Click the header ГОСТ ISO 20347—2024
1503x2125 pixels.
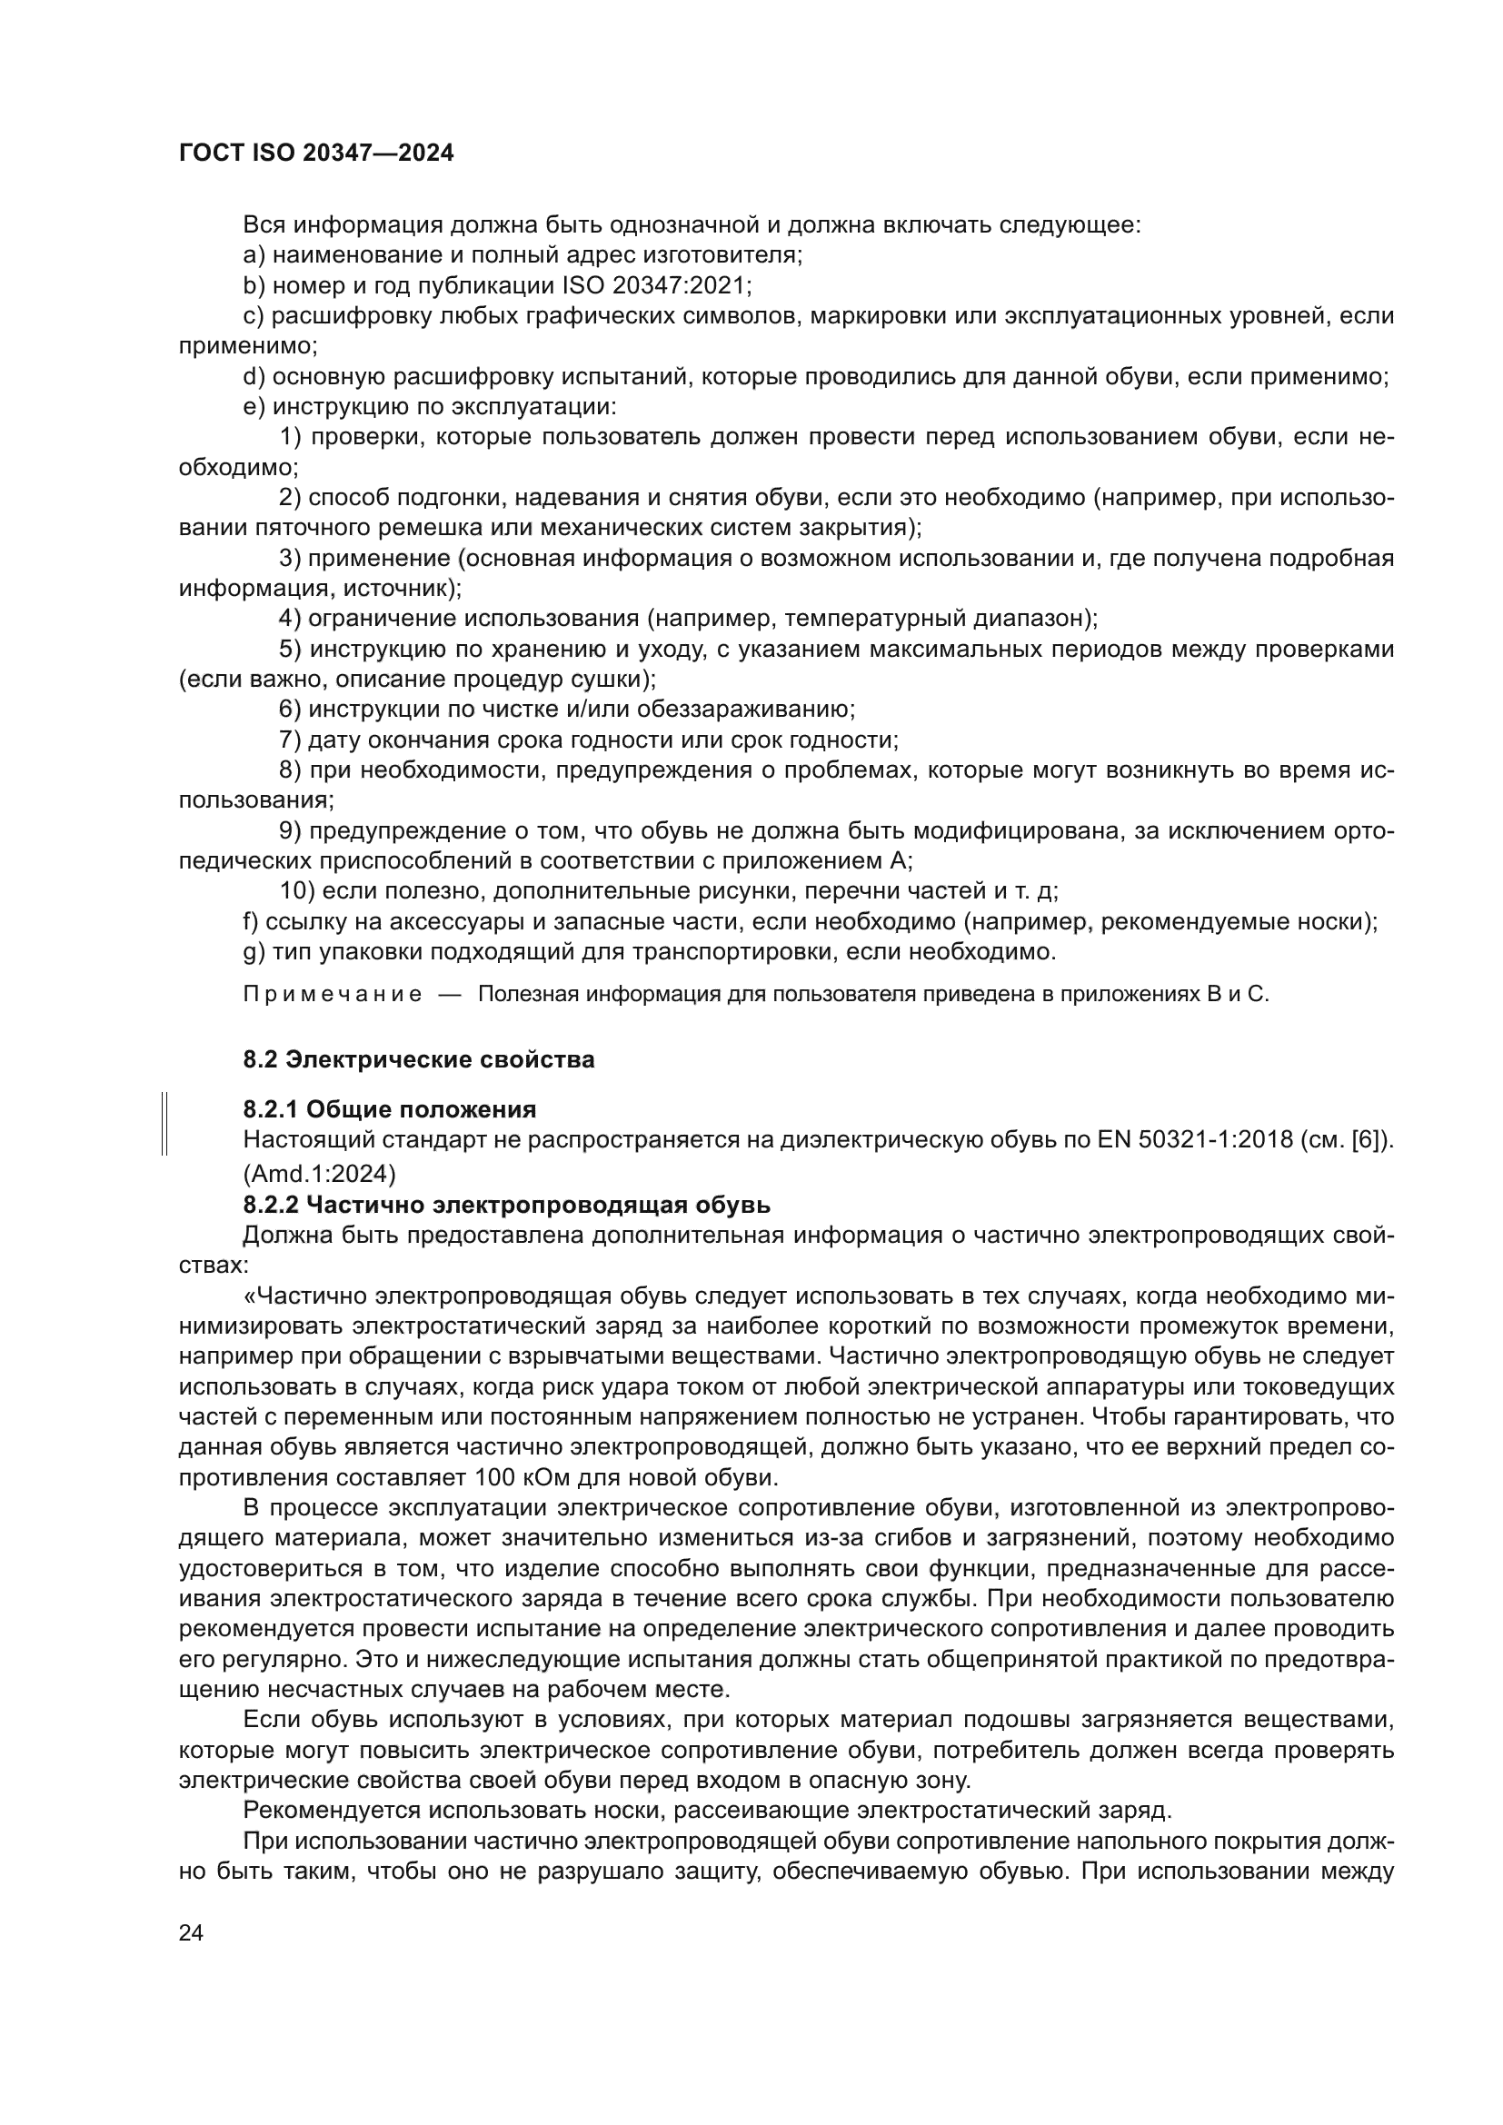(x=316, y=154)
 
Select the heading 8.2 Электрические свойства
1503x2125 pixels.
(x=418, y=1059)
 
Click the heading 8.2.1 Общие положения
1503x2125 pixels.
(x=390, y=1108)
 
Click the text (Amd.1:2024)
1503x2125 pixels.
(x=319, y=1174)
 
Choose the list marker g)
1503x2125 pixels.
(x=254, y=951)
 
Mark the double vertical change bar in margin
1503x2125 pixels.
(x=164, y=1124)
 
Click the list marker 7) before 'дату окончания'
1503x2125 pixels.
(x=289, y=740)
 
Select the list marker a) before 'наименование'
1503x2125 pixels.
(x=254, y=254)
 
